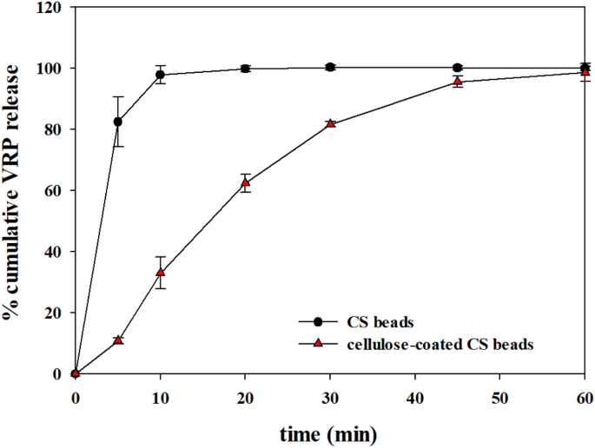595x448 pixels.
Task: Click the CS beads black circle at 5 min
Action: tap(118, 122)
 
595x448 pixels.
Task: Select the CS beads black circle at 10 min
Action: tap(161, 75)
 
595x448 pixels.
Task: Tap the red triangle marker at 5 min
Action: tap(118, 339)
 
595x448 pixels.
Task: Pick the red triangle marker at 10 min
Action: tap(161, 272)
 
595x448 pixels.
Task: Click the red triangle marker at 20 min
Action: tap(246, 182)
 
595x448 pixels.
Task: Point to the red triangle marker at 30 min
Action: tap(330, 123)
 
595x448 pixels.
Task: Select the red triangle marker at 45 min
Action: tap(458, 82)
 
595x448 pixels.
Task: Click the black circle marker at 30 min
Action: tap(330, 67)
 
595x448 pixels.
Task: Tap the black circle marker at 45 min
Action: tap(458, 68)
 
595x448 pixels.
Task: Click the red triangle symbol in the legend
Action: tap(318, 344)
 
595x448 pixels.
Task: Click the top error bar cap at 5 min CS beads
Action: tap(118, 96)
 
